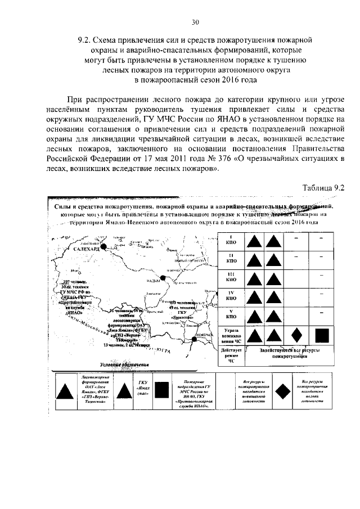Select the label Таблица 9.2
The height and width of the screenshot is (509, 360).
point(323,187)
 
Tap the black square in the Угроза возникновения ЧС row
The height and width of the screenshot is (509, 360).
point(321,335)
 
